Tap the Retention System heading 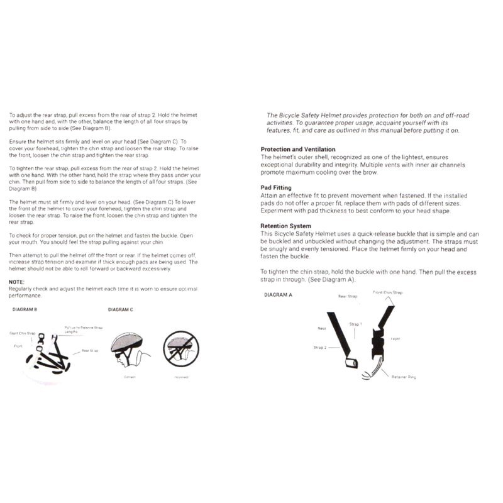(x=285, y=226)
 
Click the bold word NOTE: (x=17, y=282)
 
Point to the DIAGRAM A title (x=279, y=294)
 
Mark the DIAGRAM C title (x=121, y=309)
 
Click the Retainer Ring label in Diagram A (x=404, y=377)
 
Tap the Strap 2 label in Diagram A (x=320, y=347)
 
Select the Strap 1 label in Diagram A (x=356, y=324)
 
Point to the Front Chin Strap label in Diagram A (x=388, y=292)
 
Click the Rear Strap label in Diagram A (x=348, y=296)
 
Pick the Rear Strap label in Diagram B (x=90, y=351)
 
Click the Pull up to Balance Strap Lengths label (x=84, y=329)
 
